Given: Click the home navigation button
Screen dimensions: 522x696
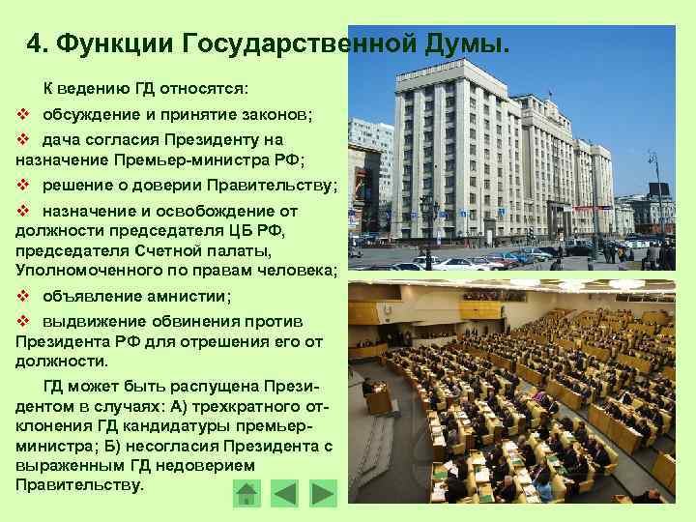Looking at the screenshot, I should click(x=247, y=493).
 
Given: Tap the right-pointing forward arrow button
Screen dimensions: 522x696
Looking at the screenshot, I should click(x=323, y=493).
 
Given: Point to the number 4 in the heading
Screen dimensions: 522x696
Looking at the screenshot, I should click(x=37, y=43).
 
